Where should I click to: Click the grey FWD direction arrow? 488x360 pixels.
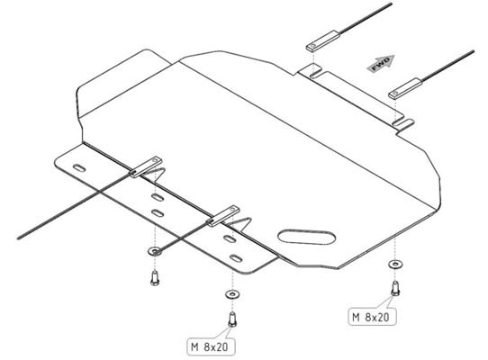[381, 63]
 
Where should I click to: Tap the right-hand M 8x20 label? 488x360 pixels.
[372, 317]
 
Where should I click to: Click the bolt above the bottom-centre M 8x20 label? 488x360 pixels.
[232, 319]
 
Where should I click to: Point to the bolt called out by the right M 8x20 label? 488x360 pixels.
[395, 288]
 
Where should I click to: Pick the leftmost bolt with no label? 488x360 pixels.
[155, 278]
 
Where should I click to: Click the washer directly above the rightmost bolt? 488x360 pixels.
[395, 265]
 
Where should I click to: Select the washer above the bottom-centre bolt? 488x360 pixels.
[232, 294]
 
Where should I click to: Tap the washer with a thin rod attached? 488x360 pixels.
[155, 251]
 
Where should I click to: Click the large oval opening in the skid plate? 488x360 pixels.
[306, 237]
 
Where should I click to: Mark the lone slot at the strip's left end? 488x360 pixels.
[79, 168]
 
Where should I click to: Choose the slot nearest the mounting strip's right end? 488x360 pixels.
[236, 258]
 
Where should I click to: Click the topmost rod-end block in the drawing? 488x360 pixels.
[323, 41]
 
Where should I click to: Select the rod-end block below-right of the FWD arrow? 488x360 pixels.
[405, 89]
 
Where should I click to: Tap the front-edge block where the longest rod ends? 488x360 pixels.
[146, 167]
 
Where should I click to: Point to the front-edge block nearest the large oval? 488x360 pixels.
[223, 216]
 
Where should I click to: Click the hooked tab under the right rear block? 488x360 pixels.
[403, 123]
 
